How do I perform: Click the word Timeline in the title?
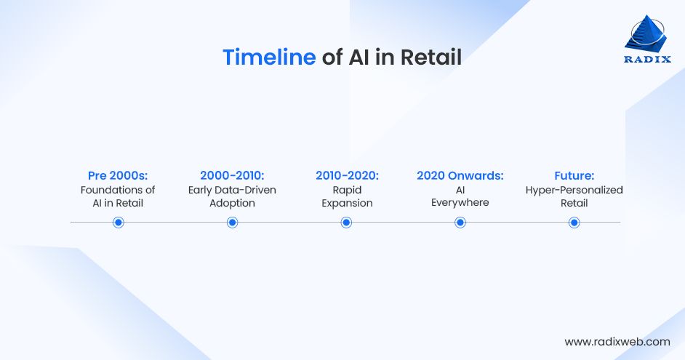point(269,57)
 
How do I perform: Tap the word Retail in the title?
point(430,57)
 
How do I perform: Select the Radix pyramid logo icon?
point(646,33)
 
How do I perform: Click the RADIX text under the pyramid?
point(647,60)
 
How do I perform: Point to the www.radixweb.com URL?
point(617,342)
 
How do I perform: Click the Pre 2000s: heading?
point(118,175)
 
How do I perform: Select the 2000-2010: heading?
point(232,175)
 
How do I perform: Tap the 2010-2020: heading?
point(347,175)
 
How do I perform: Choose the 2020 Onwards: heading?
point(460,175)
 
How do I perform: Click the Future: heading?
point(574,175)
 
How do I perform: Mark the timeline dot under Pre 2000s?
point(119,223)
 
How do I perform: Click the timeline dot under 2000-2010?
point(233,223)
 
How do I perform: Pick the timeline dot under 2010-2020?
point(346,223)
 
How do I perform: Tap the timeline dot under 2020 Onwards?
point(460,223)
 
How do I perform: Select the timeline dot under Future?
point(574,223)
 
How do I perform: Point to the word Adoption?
point(232,204)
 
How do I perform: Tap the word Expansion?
point(347,204)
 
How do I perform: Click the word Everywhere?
point(460,203)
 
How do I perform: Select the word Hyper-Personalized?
point(574,191)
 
